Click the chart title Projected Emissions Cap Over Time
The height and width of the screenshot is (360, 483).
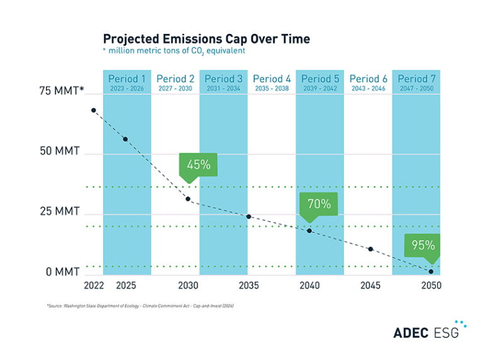tap(206, 39)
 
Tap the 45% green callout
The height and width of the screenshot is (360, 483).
tap(198, 165)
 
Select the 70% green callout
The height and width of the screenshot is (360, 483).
tap(319, 204)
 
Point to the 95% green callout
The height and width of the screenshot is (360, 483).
tap(423, 246)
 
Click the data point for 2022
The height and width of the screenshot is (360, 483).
tap(94, 111)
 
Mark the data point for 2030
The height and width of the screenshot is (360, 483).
tap(188, 199)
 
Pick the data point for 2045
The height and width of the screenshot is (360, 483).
tap(370, 249)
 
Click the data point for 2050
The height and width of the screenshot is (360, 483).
tap(431, 271)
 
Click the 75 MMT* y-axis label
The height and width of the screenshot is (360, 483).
tap(62, 92)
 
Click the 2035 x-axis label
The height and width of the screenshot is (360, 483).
tap(248, 286)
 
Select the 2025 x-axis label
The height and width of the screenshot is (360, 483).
tap(126, 286)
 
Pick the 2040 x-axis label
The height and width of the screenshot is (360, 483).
tap(309, 286)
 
